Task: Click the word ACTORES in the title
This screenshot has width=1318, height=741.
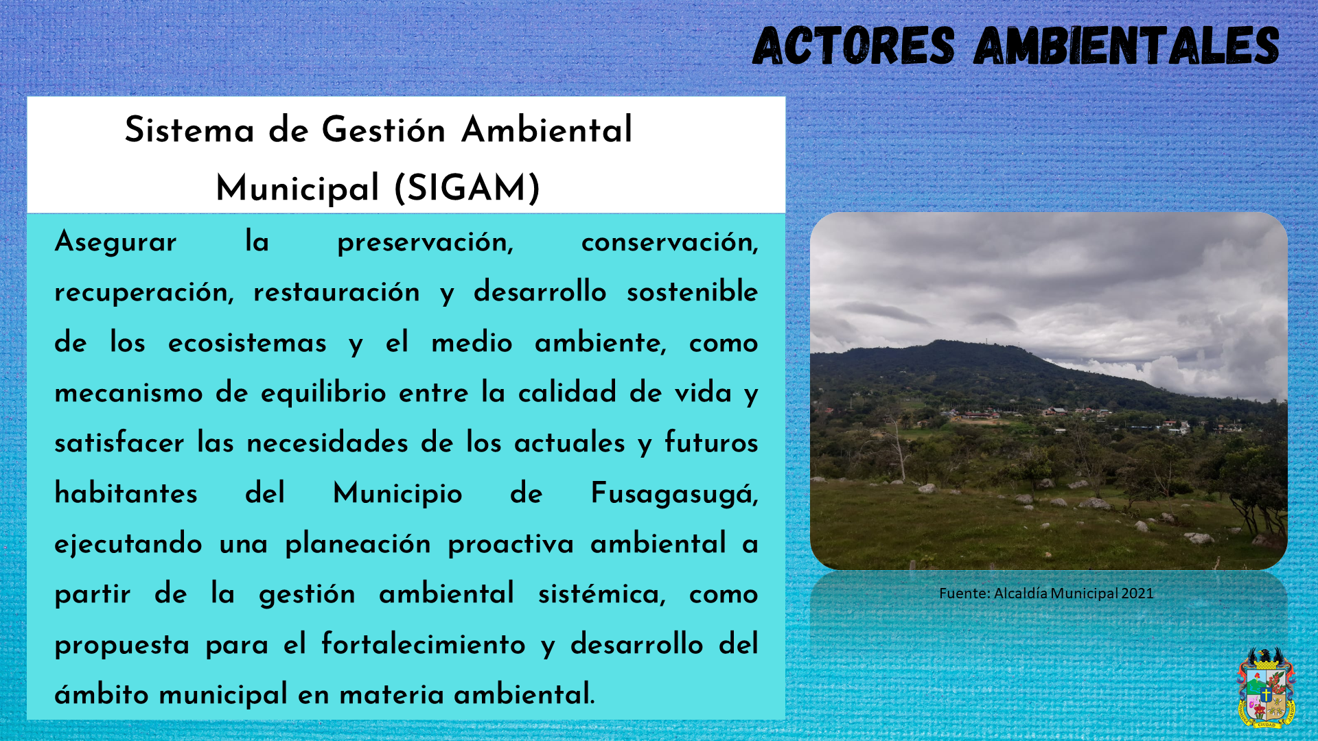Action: tap(853, 46)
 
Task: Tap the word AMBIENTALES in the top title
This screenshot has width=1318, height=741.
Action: tap(1126, 46)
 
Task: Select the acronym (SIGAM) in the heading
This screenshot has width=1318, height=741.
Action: tap(467, 189)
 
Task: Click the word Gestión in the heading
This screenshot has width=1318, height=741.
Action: tap(384, 130)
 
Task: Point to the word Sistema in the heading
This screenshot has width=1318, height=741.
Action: tap(189, 130)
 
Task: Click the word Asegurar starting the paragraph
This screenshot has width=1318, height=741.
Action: tap(116, 242)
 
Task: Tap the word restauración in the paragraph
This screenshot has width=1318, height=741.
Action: tap(336, 293)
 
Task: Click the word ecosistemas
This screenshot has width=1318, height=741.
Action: tap(247, 343)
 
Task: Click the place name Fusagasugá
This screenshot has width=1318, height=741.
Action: tap(675, 494)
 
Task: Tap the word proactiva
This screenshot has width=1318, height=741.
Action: tap(511, 545)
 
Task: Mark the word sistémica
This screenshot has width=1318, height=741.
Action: tap(602, 594)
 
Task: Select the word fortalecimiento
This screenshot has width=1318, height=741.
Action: tap(424, 644)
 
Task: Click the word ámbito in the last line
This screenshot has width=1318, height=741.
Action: tap(102, 694)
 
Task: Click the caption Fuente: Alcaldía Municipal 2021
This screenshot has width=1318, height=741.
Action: tap(1046, 593)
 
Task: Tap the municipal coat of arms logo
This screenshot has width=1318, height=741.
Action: tap(1266, 687)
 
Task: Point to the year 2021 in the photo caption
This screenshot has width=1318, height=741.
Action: tap(1137, 593)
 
